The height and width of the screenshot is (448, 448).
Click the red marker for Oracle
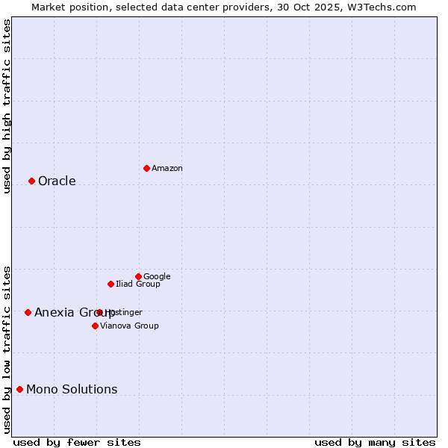click(31, 181)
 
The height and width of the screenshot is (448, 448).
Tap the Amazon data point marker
click(146, 168)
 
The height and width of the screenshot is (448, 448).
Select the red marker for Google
click(138, 276)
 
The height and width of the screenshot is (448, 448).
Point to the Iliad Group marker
click(111, 284)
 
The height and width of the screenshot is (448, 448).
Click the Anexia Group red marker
click(28, 312)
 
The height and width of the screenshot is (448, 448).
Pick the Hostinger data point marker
click(99, 312)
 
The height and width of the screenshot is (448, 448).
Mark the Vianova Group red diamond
click(95, 326)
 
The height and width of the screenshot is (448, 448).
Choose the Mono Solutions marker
click(19, 389)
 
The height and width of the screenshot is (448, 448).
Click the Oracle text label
click(57, 181)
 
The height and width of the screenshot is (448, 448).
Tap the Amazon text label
click(167, 169)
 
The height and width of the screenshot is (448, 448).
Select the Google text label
click(157, 276)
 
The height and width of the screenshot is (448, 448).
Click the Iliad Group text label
click(138, 284)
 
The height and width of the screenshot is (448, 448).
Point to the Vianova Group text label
click(129, 326)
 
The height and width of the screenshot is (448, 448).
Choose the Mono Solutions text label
click(72, 389)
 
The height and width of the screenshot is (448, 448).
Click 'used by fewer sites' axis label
click(77, 442)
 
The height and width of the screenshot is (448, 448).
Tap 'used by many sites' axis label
click(375, 442)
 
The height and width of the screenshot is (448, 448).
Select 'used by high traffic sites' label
click(7, 106)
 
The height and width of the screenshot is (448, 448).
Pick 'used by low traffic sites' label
click(7, 349)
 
